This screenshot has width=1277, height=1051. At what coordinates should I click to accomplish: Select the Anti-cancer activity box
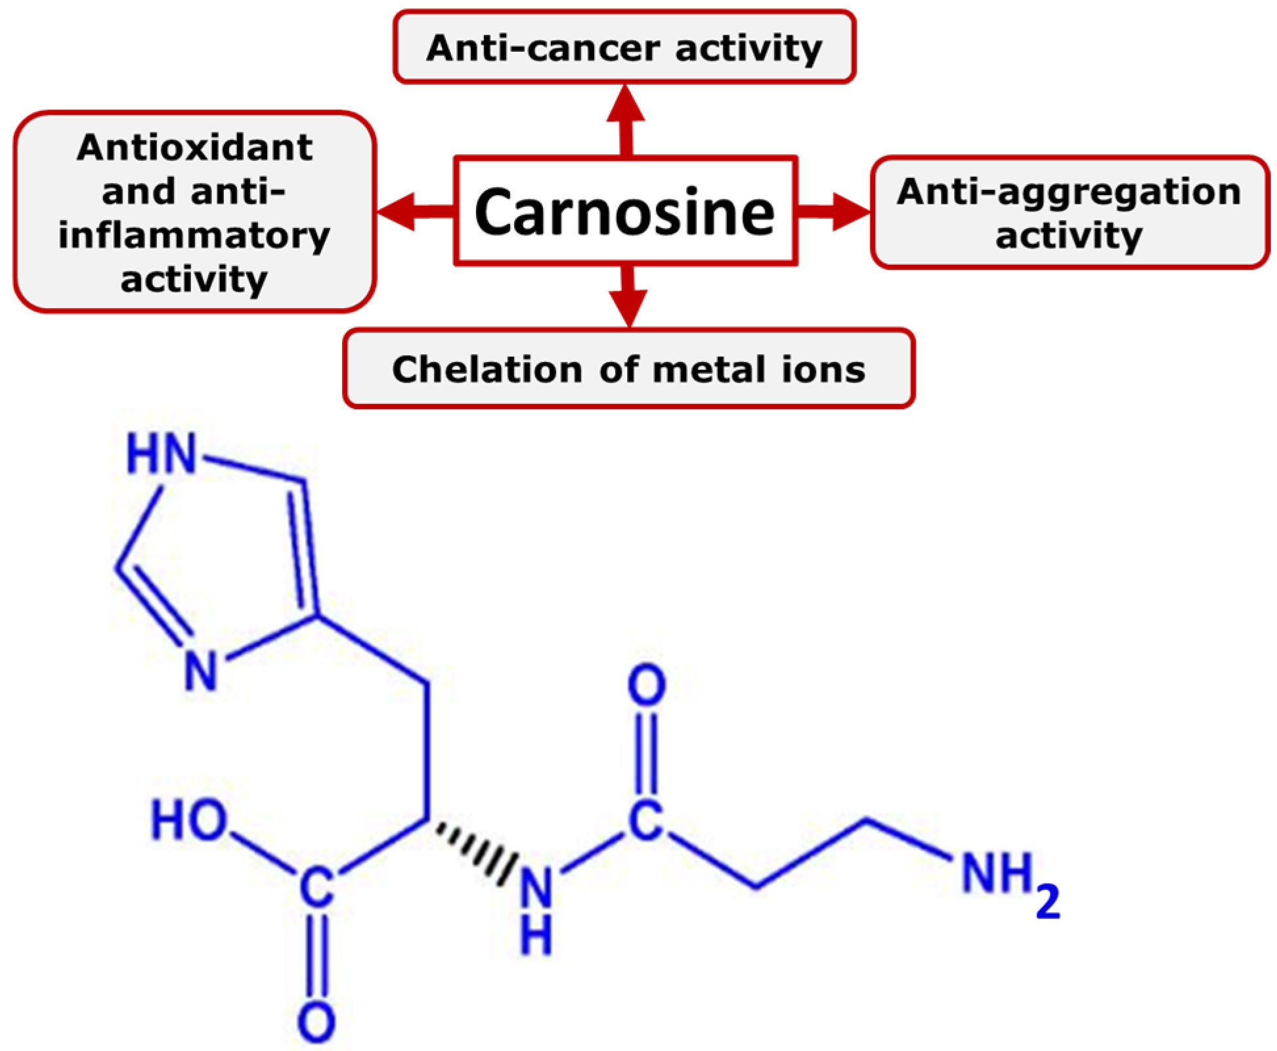[624, 47]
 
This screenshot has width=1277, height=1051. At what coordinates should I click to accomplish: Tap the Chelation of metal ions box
[628, 369]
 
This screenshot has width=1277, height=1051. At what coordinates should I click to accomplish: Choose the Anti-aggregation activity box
[1069, 212]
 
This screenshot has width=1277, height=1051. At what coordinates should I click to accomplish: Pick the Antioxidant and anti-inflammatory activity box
[194, 212]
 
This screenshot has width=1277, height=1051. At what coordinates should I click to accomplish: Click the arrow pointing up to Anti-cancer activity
[626, 118]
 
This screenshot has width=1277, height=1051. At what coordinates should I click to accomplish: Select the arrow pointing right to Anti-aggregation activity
[834, 212]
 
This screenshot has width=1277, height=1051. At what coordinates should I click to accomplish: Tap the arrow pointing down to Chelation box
[628, 296]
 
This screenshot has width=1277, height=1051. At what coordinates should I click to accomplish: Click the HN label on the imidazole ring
[162, 453]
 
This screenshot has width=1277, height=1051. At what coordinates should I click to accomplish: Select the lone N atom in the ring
[200, 670]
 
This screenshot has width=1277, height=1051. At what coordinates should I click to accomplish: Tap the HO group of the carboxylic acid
[189, 820]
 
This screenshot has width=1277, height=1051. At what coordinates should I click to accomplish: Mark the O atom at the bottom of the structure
[316, 1022]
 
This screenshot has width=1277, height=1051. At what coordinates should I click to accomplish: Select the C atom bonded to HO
[316, 887]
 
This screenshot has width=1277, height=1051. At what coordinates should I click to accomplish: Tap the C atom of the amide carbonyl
[646, 819]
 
